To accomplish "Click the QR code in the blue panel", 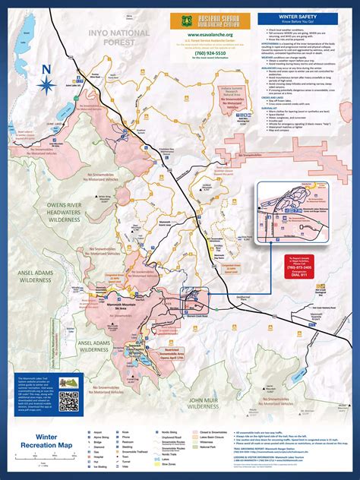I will tap(68, 403).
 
